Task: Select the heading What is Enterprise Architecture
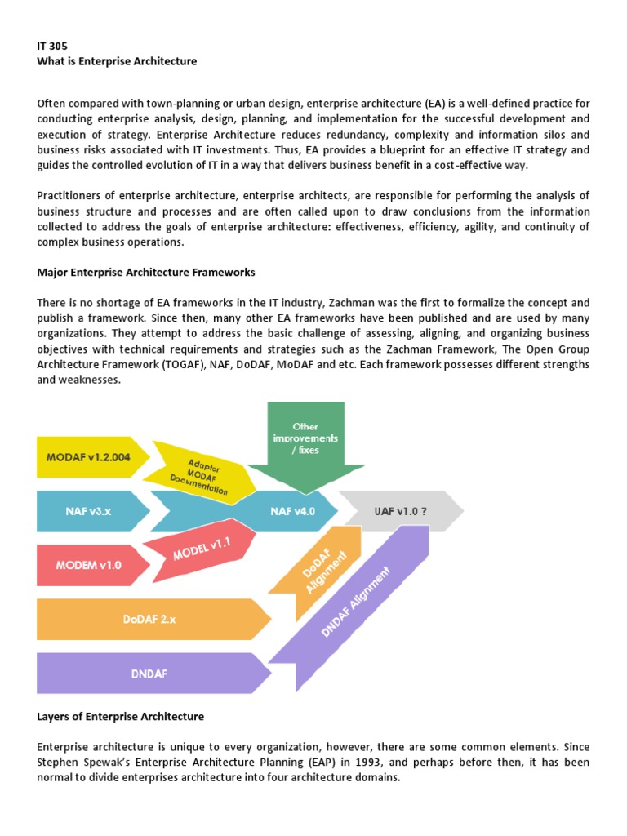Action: tap(117, 61)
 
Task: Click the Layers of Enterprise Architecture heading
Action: tap(121, 716)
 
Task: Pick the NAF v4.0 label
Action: tap(292, 511)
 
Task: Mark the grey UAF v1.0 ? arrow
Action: tap(399, 511)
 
